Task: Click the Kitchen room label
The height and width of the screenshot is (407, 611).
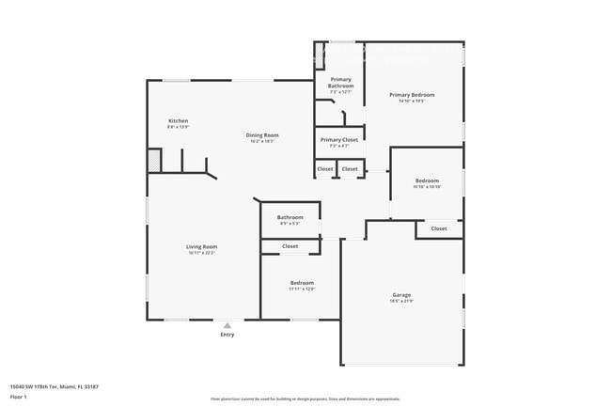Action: click(179, 121)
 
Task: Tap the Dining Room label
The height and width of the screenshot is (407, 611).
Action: click(262, 135)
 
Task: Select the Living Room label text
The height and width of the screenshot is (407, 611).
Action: click(202, 246)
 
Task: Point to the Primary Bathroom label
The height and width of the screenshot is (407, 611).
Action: click(340, 83)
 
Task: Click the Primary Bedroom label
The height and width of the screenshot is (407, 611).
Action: click(412, 95)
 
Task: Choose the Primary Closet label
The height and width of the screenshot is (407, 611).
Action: click(340, 140)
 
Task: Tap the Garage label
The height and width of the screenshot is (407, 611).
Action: click(401, 294)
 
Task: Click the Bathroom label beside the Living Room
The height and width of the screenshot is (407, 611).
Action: click(290, 217)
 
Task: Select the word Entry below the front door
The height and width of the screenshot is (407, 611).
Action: click(227, 335)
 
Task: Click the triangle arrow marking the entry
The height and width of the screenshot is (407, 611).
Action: click(227, 325)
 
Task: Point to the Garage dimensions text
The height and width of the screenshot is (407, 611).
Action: click(401, 301)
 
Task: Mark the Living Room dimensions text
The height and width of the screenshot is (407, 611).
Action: click(202, 253)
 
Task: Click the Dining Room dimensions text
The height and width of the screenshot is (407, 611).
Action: click(262, 142)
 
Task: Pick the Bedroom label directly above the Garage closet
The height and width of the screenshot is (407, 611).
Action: click(427, 180)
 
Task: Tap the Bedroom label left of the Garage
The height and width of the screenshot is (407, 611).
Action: click(302, 283)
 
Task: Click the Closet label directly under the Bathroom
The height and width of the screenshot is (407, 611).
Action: click(290, 246)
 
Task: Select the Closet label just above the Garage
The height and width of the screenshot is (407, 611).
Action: click(439, 228)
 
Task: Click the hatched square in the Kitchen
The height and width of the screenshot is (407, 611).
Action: click(153, 161)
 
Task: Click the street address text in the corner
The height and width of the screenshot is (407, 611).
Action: click(55, 385)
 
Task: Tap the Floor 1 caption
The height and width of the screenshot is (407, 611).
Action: click(19, 396)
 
